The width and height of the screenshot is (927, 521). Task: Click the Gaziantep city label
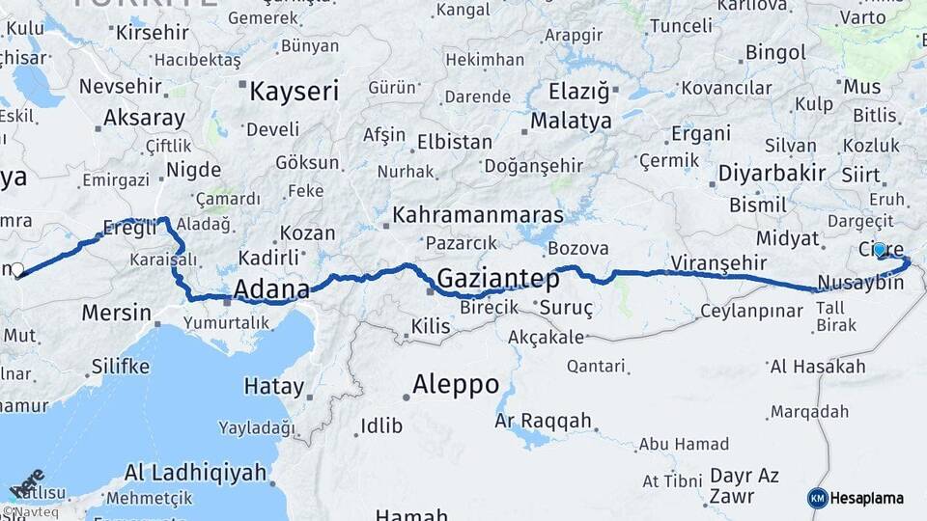pyautogui.click(x=498, y=280)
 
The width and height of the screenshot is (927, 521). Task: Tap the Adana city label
pyautogui.click(x=271, y=289)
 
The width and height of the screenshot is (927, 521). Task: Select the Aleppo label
pyautogui.click(x=456, y=384)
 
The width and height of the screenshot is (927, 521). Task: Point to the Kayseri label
pyautogui.click(x=295, y=92)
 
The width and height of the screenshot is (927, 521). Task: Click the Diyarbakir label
pyautogui.click(x=772, y=174)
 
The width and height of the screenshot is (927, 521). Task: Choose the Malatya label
pyautogui.click(x=572, y=122)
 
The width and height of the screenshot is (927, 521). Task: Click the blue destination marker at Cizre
pyautogui.click(x=880, y=249)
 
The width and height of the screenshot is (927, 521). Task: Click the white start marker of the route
pyautogui.click(x=16, y=270)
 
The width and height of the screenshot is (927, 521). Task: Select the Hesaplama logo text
pyautogui.click(x=866, y=498)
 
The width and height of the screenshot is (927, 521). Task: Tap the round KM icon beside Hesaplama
pyautogui.click(x=817, y=498)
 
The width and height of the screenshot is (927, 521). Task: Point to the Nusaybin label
pyautogui.click(x=860, y=283)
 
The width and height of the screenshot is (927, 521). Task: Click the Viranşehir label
pyautogui.click(x=718, y=262)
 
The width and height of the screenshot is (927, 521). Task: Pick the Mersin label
pyautogui.click(x=117, y=313)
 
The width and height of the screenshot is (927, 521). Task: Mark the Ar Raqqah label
pyautogui.click(x=543, y=421)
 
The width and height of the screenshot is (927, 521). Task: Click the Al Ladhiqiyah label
pyautogui.click(x=195, y=473)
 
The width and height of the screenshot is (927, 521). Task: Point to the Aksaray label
pyautogui.click(x=144, y=119)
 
